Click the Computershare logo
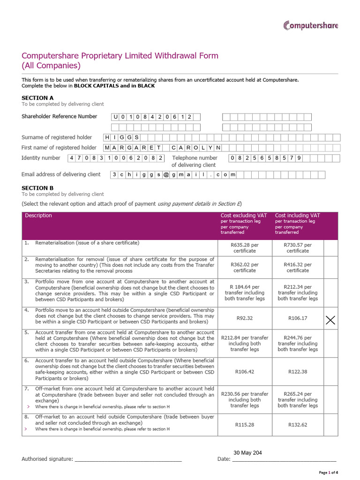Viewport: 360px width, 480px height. (310, 25)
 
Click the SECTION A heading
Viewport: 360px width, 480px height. (37, 97)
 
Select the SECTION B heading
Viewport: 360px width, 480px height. (37, 187)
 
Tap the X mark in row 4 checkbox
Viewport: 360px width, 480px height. (330, 320)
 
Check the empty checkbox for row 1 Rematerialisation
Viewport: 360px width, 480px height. (330, 247)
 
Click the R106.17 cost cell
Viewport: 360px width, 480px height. (297, 318)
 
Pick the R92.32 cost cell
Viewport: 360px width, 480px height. (244, 318)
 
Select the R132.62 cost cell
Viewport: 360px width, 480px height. (297, 425)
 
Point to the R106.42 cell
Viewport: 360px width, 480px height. (244, 372)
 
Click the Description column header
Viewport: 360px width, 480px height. (38, 216)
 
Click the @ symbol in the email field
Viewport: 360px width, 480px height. (165, 175)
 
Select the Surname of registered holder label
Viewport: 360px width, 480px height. (57, 137)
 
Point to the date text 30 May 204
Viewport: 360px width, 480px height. (247, 453)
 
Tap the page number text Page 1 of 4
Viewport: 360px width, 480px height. (328, 472)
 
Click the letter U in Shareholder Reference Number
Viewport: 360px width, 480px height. (116, 117)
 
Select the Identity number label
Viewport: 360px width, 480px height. (41, 158)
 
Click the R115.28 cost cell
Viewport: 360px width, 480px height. (244, 425)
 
